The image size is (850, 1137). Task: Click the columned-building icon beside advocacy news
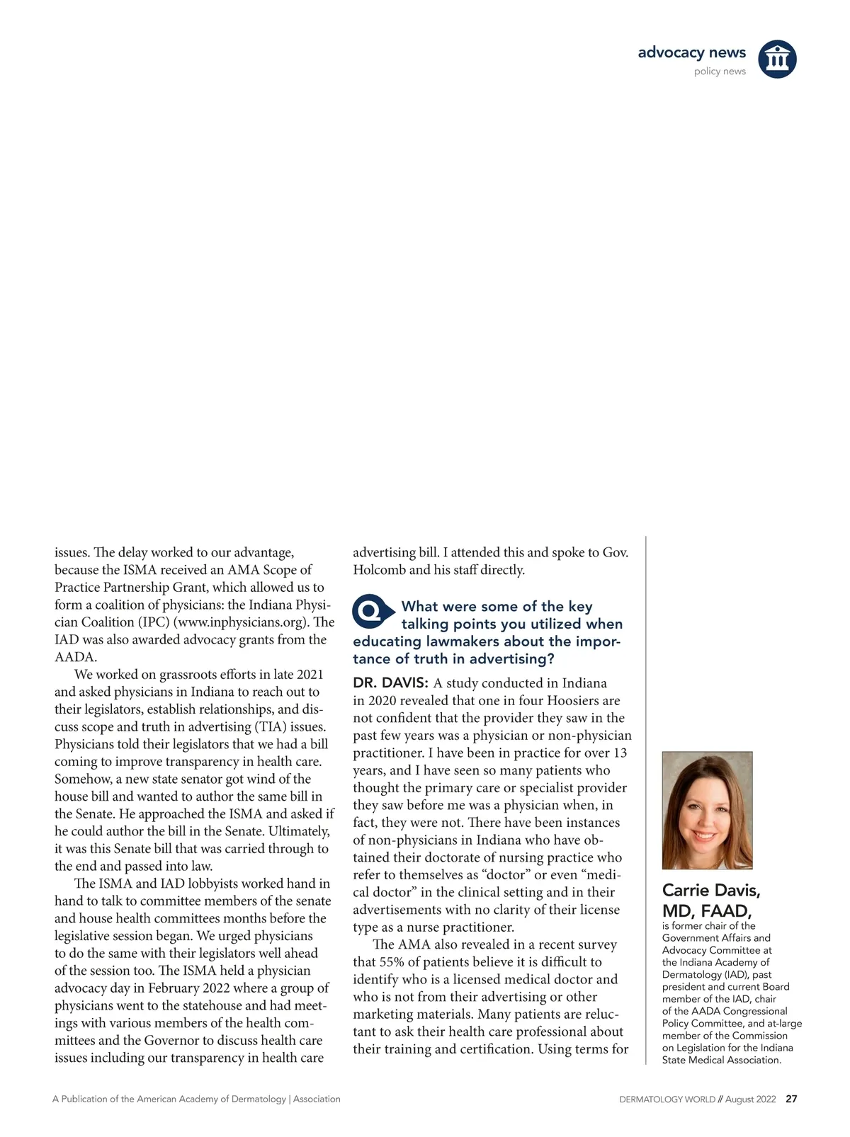[x=777, y=59]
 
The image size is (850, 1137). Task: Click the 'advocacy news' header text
[x=691, y=52]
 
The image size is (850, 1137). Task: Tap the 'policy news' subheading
[x=720, y=72]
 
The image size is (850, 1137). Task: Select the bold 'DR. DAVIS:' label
[x=390, y=683]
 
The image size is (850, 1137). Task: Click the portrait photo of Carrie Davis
[x=707, y=810]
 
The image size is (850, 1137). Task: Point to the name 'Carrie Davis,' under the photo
[x=711, y=890]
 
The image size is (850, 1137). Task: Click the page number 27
[x=791, y=1099]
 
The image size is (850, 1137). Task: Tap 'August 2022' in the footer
[x=750, y=1099]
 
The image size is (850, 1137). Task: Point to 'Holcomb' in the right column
[x=379, y=570]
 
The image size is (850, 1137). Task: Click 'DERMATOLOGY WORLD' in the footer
[x=667, y=1099]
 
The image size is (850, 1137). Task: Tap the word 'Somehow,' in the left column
[x=82, y=779]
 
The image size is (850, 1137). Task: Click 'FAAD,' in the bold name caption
[x=725, y=910]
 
